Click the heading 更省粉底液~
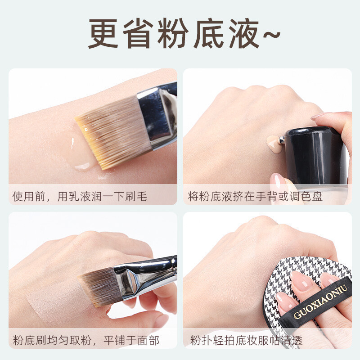click(x=184, y=34)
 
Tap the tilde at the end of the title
click(x=272, y=35)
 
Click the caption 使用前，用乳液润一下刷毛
click(x=80, y=197)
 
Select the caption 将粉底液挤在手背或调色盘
click(x=255, y=197)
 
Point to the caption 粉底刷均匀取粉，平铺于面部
click(x=86, y=340)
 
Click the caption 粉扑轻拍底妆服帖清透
click(x=246, y=340)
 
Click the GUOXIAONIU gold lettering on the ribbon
click(x=320, y=301)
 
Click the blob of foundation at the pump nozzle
click(x=274, y=144)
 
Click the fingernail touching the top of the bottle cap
click(x=318, y=117)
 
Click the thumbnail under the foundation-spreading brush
click(x=161, y=321)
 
